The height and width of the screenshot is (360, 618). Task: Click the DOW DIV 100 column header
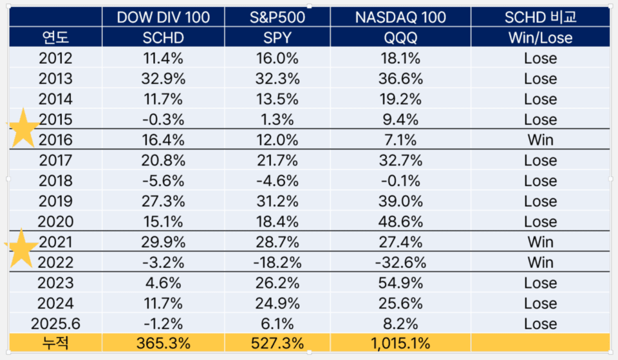click(x=163, y=17)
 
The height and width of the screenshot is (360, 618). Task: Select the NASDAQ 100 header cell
click(x=400, y=17)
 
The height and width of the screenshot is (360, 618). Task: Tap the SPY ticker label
click(x=277, y=38)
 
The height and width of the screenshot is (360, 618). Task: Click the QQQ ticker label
click(x=400, y=38)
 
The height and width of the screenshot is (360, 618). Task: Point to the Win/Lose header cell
click(x=539, y=38)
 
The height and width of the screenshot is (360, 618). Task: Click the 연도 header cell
click(x=55, y=38)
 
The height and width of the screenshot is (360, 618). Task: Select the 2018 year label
click(x=55, y=181)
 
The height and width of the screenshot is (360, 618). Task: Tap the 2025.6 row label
click(x=55, y=324)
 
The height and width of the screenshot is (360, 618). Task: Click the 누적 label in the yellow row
click(x=55, y=343)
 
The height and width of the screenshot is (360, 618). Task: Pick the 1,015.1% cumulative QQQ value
click(x=400, y=343)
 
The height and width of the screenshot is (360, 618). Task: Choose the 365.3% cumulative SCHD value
click(x=163, y=343)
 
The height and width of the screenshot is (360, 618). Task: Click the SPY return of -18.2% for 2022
click(x=277, y=263)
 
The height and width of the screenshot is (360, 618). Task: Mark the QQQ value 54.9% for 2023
click(x=400, y=283)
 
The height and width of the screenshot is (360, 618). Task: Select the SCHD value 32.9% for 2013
click(x=163, y=79)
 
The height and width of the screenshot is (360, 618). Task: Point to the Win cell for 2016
click(x=539, y=140)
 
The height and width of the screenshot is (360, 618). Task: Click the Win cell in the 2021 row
click(x=539, y=242)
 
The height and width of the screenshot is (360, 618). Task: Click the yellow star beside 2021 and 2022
click(x=22, y=249)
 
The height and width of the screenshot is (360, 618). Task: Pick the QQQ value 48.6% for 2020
click(x=400, y=222)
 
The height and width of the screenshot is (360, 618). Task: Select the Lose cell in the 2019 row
click(x=539, y=202)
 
